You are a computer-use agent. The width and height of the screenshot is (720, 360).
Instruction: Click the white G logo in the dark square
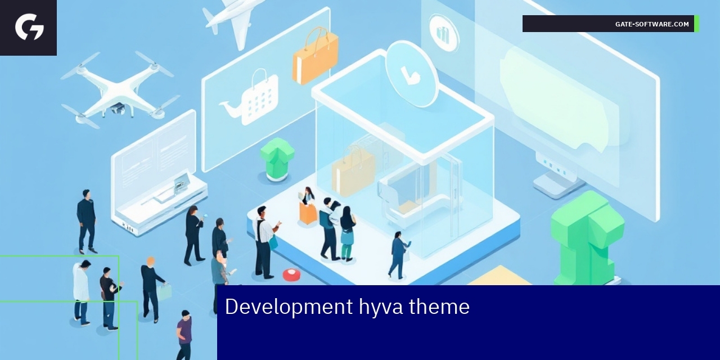pyautogui.click(x=29, y=27)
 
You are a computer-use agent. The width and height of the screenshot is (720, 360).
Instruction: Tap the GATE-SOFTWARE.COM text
pyautogui.click(x=651, y=24)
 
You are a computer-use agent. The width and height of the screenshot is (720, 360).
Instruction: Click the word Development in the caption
pyautogui.click(x=289, y=307)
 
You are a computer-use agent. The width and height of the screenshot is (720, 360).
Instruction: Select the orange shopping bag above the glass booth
pyautogui.click(x=315, y=56)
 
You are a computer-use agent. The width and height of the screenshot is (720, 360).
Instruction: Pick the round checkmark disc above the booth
pyautogui.click(x=411, y=73)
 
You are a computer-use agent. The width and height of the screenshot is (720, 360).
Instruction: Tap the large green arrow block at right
pyautogui.click(x=586, y=236)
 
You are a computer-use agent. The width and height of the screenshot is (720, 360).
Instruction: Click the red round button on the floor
pyautogui.click(x=291, y=274)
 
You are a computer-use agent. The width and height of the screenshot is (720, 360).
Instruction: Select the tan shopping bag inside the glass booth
pyautogui.click(x=353, y=172)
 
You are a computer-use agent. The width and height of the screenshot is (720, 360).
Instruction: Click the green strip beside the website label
pyautogui.click(x=697, y=24)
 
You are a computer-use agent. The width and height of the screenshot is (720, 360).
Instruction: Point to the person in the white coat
pyautogui.click(x=82, y=290)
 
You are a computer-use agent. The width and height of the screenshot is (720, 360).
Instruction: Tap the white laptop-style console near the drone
pyautogui.click(x=157, y=174)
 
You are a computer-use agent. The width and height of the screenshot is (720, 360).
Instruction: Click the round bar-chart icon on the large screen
pyautogui.click(x=444, y=33)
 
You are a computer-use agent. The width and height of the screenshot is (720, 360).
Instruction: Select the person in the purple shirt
pyautogui.click(x=184, y=334)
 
